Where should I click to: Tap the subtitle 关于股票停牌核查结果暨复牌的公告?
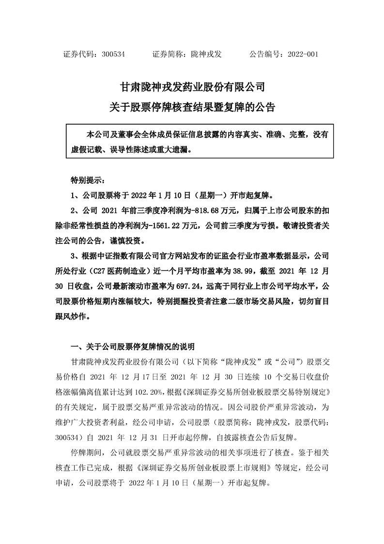point(192,108)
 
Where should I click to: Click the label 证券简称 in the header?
point(166,55)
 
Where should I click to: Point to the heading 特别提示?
point(87,180)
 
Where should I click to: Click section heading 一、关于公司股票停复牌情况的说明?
point(133,347)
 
